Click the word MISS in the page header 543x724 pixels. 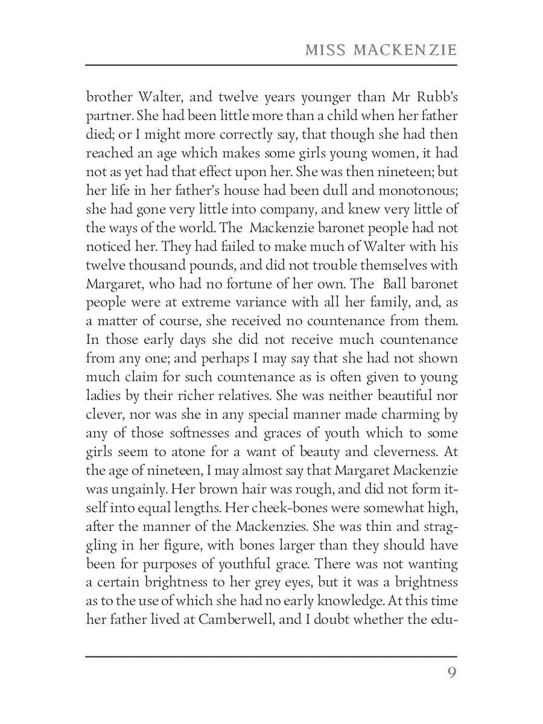tap(325, 50)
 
